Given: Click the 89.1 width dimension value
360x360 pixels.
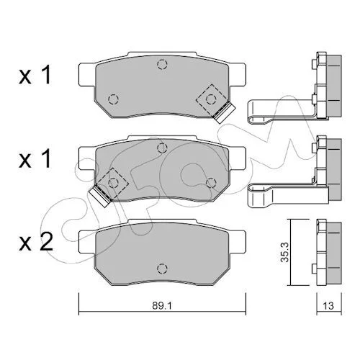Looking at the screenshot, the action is point(162,305).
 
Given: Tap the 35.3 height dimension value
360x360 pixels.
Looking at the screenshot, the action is point(286,252).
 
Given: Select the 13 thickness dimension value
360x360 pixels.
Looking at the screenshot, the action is point(328,305).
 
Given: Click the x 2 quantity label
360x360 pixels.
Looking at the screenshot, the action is point(36,242).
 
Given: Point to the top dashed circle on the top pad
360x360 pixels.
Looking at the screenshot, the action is point(162,64).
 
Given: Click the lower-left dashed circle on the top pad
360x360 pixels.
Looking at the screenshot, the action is point(113,99).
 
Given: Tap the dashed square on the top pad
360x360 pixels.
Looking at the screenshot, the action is point(211,99).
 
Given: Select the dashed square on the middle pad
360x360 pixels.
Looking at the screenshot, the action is point(113,184).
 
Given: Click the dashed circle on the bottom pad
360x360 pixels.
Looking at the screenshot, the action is point(162,268).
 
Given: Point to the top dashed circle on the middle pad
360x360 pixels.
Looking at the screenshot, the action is point(162,148).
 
